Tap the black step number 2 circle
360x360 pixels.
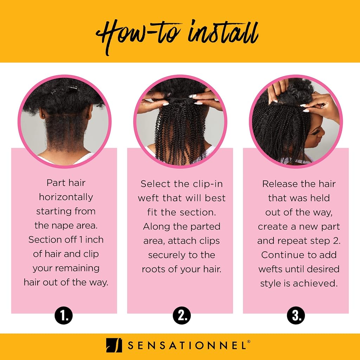182,315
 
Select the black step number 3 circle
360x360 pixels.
296,315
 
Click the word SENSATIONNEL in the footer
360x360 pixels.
187,346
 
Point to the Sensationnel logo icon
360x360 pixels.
114,345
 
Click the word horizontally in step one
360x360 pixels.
66,197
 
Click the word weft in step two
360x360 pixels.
148,198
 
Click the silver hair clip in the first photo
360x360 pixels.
73,88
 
